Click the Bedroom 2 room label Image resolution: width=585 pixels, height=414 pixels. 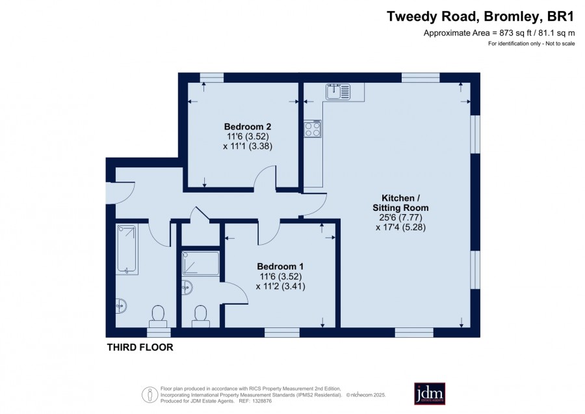pyautogui.click(x=248, y=126)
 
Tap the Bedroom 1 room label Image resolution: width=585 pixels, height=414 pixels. pyautogui.click(x=280, y=266)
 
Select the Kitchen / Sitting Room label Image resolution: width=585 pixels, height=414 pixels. pyautogui.click(x=400, y=203)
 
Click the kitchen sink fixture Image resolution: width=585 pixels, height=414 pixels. pyautogui.click(x=338, y=92)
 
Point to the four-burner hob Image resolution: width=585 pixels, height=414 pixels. pyautogui.click(x=312, y=129)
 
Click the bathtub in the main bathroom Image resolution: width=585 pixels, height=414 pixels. pyautogui.click(x=127, y=249)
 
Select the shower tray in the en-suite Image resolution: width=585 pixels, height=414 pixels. pyautogui.click(x=200, y=264)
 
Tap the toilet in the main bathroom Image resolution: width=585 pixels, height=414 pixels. pyautogui.click(x=159, y=317)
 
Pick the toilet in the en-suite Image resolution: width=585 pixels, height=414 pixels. pyautogui.click(x=200, y=317)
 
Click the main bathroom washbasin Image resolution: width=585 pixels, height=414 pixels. pyautogui.click(x=121, y=306)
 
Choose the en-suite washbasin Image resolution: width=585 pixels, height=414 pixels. pyautogui.click(x=187, y=287)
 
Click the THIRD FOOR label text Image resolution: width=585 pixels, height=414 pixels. pyautogui.click(x=140, y=348)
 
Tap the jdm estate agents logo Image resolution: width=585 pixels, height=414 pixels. pyautogui.click(x=430, y=393)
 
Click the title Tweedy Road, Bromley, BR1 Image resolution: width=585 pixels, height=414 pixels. pyautogui.click(x=480, y=17)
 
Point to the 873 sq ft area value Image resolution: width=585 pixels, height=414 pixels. pyautogui.click(x=515, y=33)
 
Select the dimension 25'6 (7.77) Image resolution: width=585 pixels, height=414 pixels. pyautogui.click(x=398, y=217)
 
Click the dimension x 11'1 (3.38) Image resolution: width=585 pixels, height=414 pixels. pyautogui.click(x=248, y=146)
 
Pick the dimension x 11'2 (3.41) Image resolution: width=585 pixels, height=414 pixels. pyautogui.click(x=281, y=286)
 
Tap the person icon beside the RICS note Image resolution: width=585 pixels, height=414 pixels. pyautogui.click(x=150, y=394)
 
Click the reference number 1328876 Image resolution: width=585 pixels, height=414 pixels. pyautogui.click(x=261, y=401)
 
